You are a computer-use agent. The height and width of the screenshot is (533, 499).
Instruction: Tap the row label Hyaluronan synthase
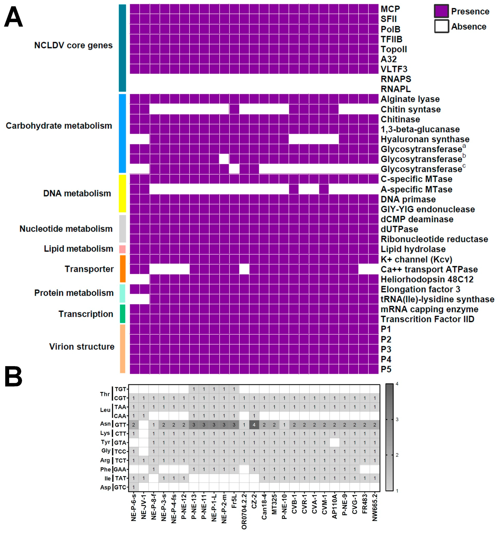425,139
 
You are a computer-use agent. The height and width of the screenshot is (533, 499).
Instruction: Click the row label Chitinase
400,119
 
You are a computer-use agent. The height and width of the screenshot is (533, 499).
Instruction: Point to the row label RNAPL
395,89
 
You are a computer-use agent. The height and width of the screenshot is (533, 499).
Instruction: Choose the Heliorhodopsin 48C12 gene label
427,279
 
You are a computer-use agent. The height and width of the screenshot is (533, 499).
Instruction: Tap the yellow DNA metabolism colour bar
122,193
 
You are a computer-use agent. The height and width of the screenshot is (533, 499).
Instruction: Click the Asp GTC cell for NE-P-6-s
134,487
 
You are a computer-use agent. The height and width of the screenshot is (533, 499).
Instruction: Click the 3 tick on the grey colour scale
397,419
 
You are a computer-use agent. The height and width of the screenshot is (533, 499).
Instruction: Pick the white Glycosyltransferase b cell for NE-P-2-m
224,159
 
